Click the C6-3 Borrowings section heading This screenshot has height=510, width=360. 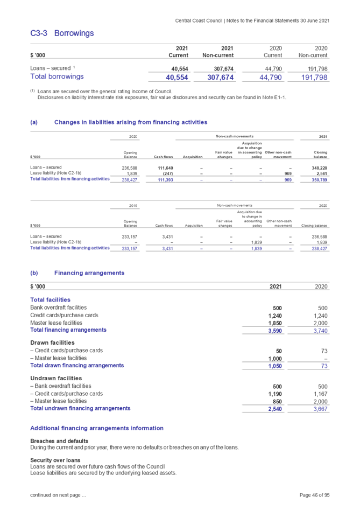point(62,33)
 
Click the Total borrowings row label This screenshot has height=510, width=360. point(57,77)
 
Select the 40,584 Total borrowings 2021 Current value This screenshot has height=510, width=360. point(178,77)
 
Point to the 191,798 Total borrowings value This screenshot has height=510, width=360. point(315,77)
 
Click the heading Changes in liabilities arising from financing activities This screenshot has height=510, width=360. point(131,123)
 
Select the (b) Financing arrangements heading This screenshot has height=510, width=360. point(89,273)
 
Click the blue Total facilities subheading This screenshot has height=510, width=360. point(51,299)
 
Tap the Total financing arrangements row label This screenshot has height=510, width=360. point(68,330)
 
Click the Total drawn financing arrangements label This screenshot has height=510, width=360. point(77,366)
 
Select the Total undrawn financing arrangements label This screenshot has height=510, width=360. point(80,408)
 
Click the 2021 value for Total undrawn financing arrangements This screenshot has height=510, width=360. point(275,409)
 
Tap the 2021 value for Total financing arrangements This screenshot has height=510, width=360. point(275,331)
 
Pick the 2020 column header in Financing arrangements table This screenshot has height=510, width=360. point(321,287)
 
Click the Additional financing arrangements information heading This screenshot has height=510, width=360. point(97,428)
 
